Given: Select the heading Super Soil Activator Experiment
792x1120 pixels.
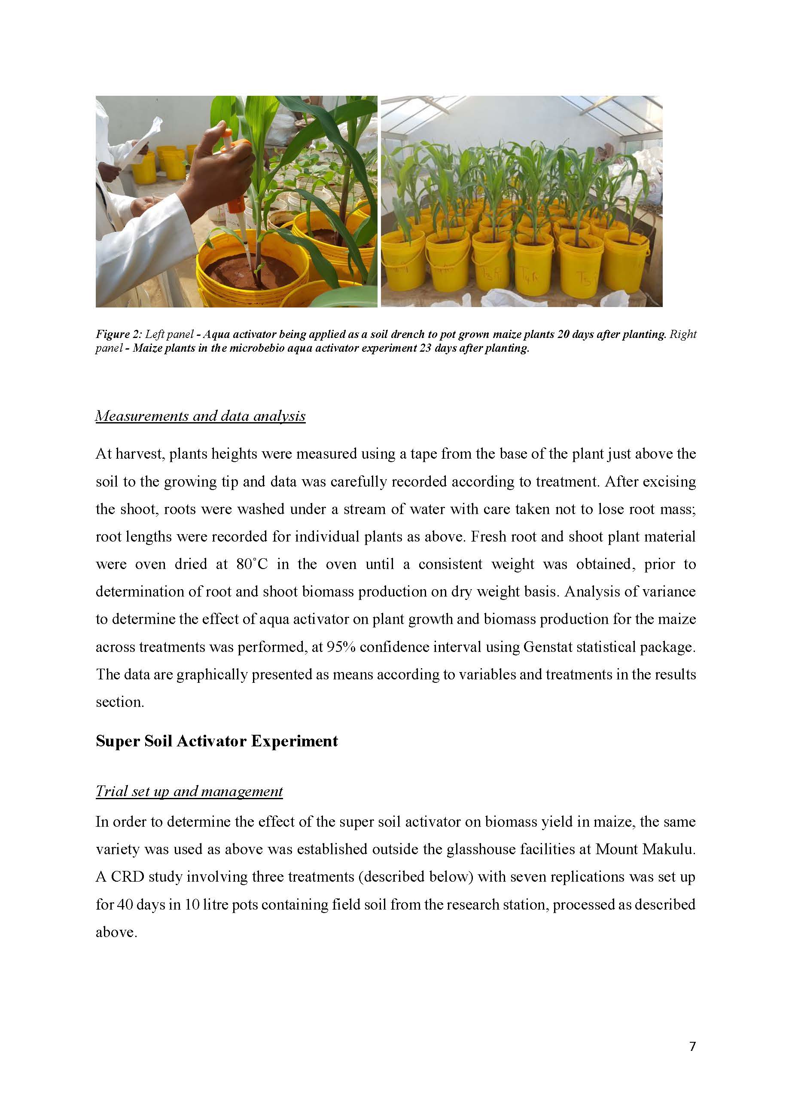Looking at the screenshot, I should [x=216, y=741].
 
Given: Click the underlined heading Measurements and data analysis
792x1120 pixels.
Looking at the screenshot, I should [x=200, y=416].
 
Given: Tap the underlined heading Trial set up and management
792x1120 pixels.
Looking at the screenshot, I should [x=189, y=791].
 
